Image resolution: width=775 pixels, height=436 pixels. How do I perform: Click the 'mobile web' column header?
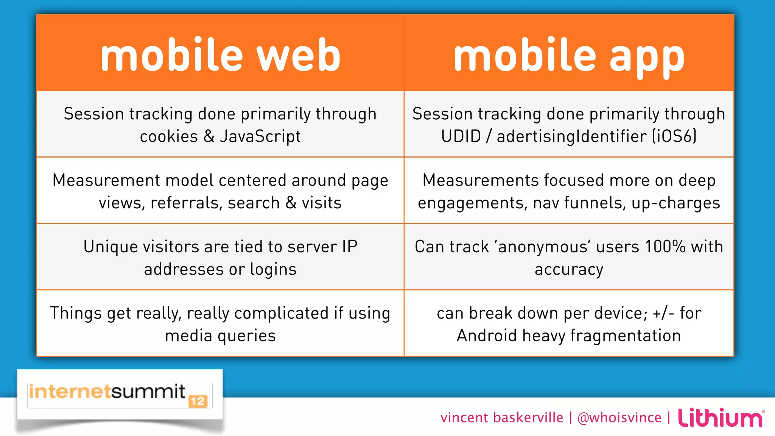tap(220, 55)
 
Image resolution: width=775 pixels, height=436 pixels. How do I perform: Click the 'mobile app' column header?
tap(569, 55)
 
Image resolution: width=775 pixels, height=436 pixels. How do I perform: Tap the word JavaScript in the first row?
tap(260, 136)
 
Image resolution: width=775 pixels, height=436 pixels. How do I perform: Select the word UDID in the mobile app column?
tap(461, 136)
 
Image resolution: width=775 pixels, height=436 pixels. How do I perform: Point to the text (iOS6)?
tap(674, 136)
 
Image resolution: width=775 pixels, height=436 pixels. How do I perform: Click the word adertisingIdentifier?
tap(571, 136)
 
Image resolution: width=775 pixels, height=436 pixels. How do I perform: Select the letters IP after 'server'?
tap(350, 247)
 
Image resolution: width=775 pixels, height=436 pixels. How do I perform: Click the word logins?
tap(273, 269)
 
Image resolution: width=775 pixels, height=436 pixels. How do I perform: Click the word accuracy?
tap(569, 269)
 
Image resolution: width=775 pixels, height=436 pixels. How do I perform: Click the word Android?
tap(487, 336)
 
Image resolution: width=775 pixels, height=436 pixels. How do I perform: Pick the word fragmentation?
tap(626, 336)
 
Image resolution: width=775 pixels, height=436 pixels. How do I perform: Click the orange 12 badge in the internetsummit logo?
tap(198, 402)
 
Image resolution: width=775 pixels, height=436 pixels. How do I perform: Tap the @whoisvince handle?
tap(619, 417)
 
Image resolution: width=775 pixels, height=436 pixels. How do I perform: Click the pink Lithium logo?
tap(721, 417)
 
